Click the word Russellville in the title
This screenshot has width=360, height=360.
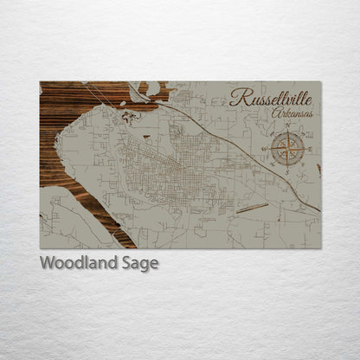click(272, 98)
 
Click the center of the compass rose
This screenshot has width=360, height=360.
click(286, 149)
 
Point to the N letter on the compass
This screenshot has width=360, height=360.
click(286, 127)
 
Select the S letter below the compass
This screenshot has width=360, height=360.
click(286, 171)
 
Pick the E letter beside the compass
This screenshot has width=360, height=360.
click(309, 149)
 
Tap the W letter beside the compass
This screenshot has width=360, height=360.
click(265, 149)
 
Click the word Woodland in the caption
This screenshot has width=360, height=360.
click(74, 263)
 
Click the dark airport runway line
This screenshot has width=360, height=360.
click(252, 208)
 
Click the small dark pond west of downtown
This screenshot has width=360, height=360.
click(146, 137)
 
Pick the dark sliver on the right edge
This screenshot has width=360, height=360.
click(318, 170)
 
